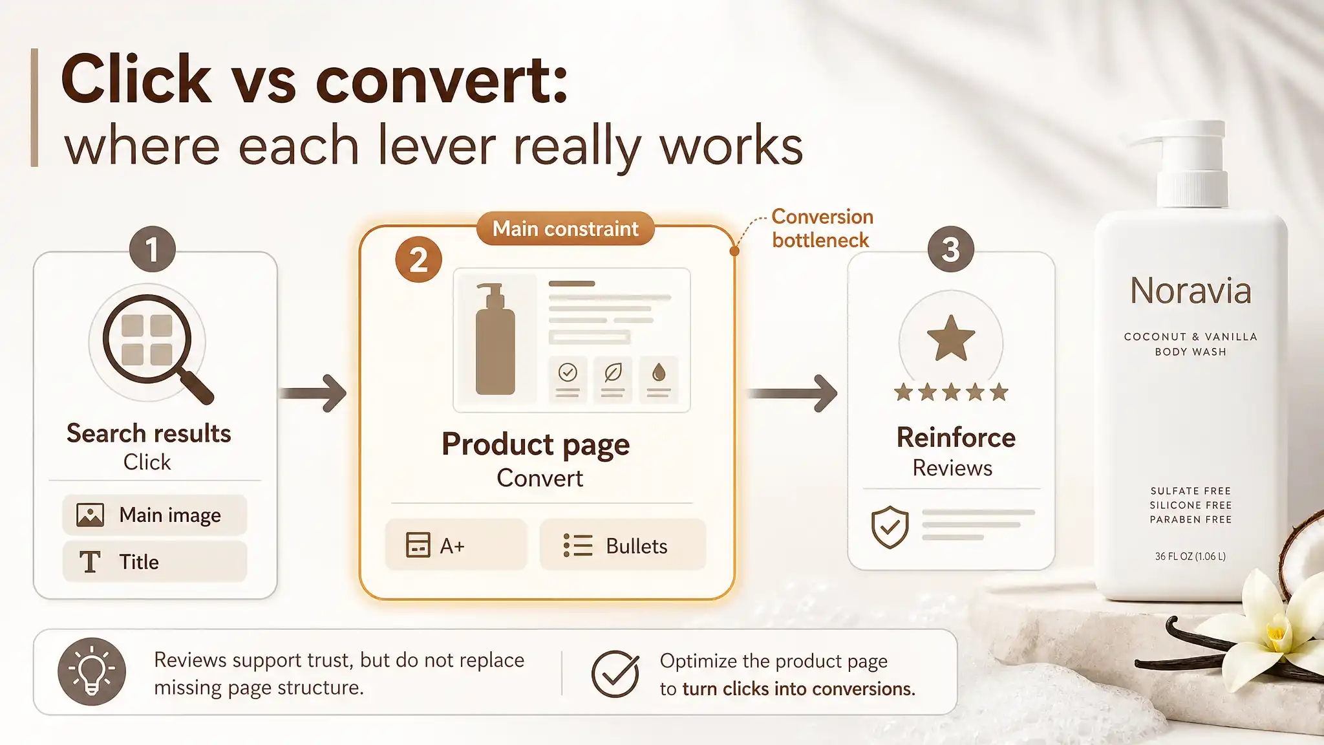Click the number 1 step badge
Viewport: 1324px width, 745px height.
click(153, 249)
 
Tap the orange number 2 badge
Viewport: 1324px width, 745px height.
click(418, 260)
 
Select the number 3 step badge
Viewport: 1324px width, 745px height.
click(950, 249)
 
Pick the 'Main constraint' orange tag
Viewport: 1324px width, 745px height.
click(566, 228)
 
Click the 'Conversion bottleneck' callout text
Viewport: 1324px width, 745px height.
click(822, 228)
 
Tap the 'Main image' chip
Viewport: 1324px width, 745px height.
click(155, 515)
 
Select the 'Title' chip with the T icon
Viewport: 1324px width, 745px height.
click(155, 561)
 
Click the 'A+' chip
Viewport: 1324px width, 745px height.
click(456, 545)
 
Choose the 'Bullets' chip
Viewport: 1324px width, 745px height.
click(623, 545)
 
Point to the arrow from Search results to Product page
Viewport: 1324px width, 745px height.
click(313, 393)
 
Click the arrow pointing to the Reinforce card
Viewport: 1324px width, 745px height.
click(793, 393)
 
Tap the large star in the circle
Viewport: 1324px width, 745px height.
click(951, 338)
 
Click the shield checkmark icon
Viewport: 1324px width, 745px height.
click(890, 527)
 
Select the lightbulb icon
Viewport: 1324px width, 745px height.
click(92, 671)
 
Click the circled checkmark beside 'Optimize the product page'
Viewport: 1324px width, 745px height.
click(615, 673)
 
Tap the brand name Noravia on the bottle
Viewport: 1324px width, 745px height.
click(1190, 290)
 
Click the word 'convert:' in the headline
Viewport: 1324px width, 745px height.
click(442, 80)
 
